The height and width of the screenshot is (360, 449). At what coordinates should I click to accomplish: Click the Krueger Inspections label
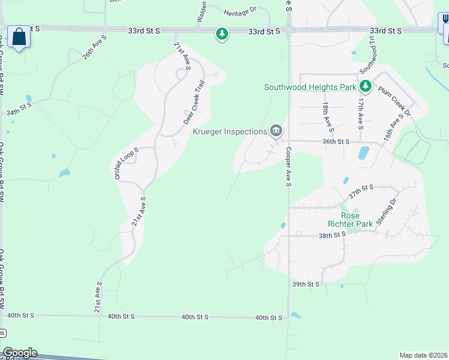click(x=229, y=131)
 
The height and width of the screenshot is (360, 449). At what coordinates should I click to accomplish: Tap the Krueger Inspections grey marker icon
click(x=276, y=130)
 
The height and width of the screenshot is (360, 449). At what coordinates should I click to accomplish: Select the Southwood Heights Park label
click(x=310, y=87)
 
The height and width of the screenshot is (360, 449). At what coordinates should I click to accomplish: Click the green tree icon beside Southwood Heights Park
click(x=366, y=87)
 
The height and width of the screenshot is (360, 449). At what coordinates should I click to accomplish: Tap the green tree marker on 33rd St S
click(x=222, y=34)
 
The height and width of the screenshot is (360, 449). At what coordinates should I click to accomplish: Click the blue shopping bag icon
click(x=19, y=37)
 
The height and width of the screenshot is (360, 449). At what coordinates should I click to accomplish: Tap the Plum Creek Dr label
click(x=394, y=103)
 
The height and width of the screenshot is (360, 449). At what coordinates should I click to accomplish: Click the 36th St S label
click(x=336, y=142)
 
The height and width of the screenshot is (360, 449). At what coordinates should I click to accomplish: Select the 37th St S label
click(x=361, y=191)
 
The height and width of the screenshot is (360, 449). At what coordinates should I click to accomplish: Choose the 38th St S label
click(x=333, y=236)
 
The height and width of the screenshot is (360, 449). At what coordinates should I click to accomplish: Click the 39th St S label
click(x=306, y=284)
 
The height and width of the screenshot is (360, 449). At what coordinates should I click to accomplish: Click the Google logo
click(x=20, y=353)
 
